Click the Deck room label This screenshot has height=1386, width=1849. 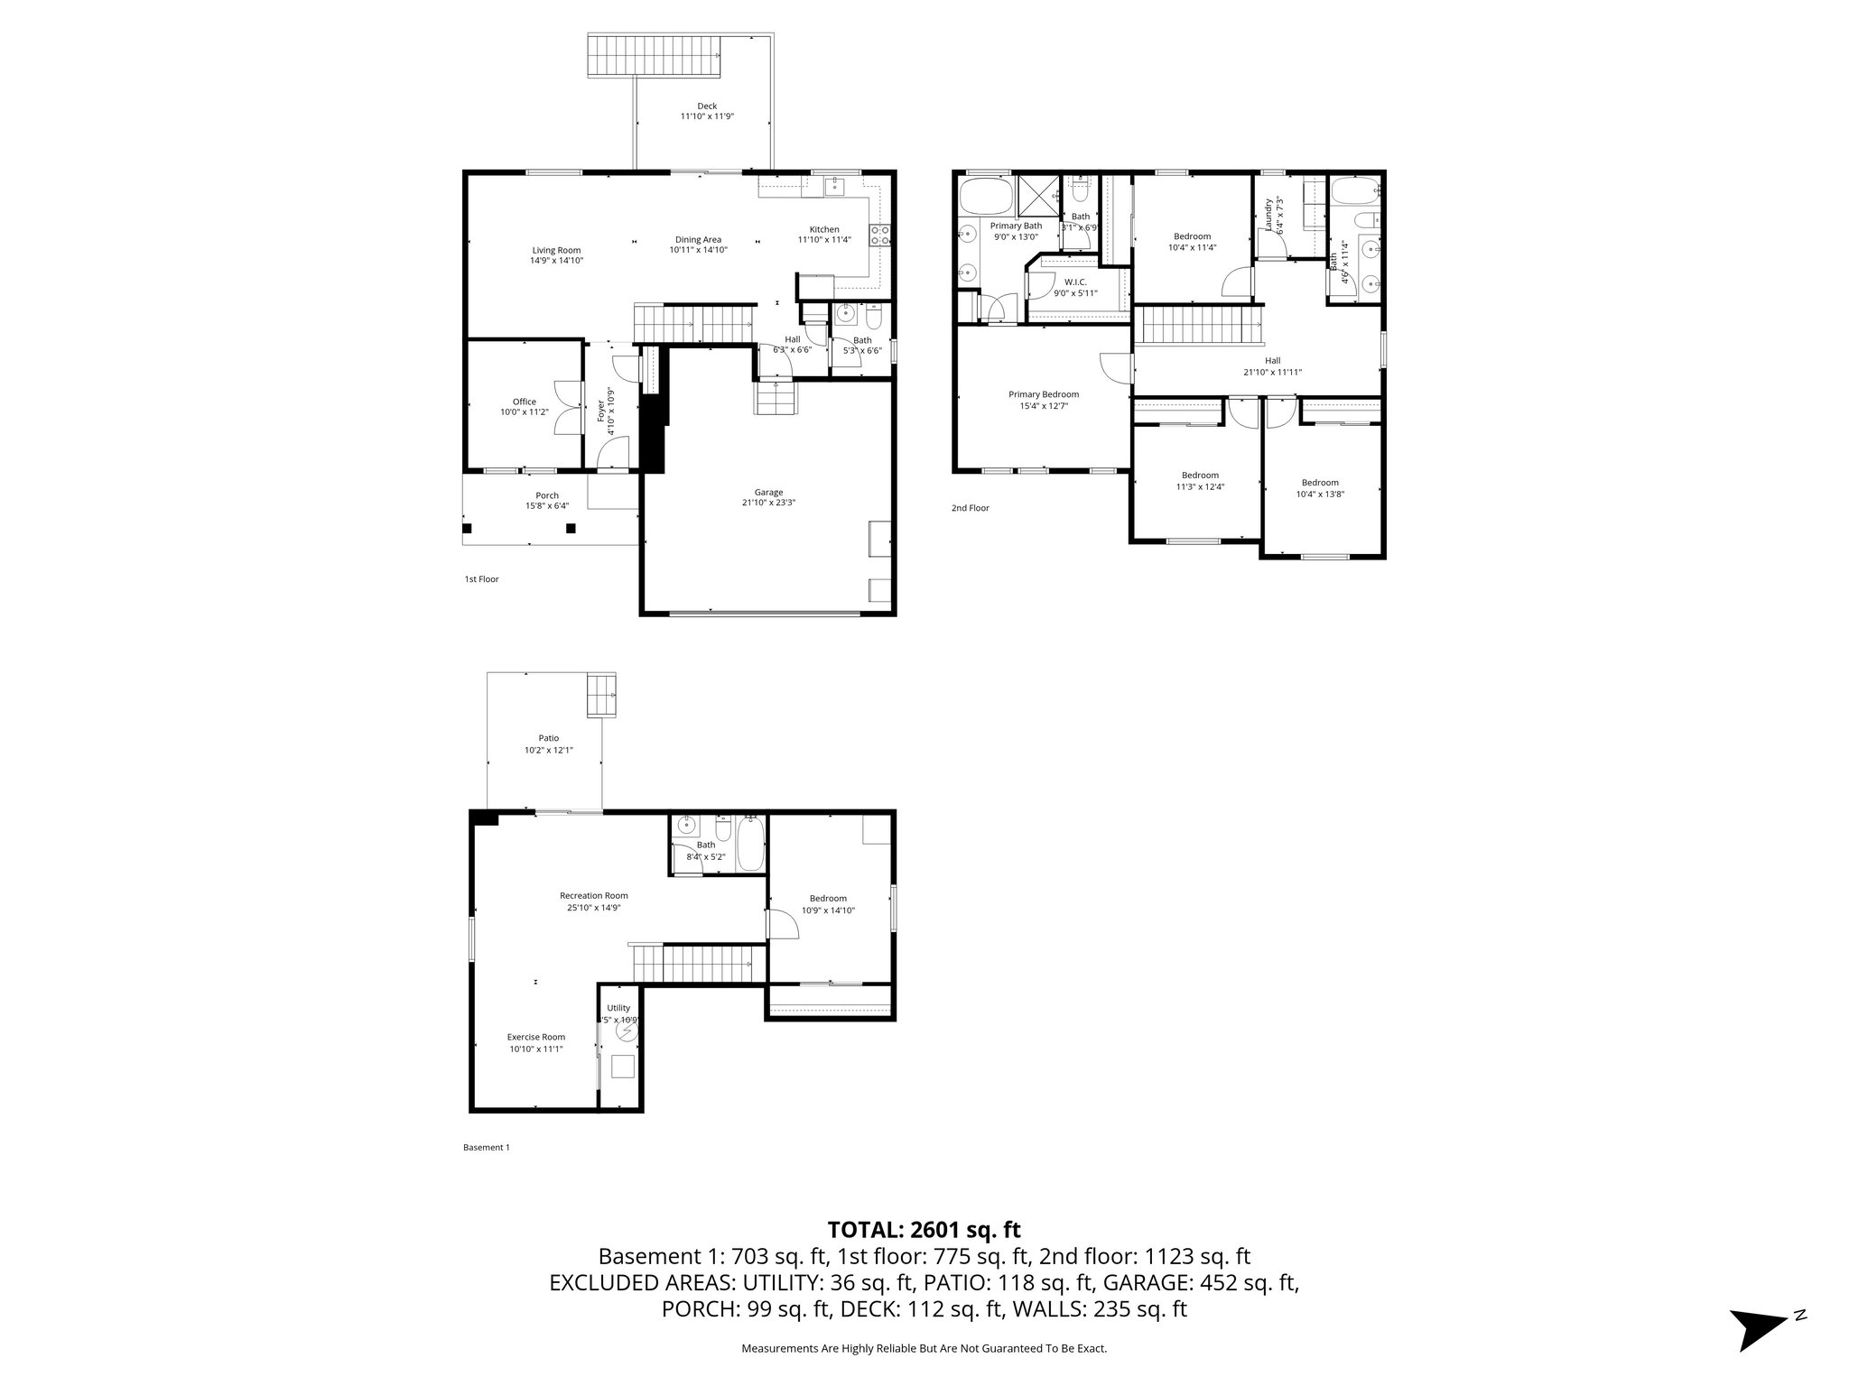pos(707,106)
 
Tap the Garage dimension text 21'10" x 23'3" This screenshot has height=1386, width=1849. pos(768,503)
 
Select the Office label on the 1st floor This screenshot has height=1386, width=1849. pos(525,402)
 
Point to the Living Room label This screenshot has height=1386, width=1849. pos(556,250)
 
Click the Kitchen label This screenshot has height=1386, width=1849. pos(823,229)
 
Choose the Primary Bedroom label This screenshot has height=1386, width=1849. pos(1043,394)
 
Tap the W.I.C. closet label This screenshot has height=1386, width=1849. pos(1075,282)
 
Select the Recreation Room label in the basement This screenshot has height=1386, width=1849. pos(593,896)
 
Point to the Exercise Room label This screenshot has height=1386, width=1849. pos(535,1037)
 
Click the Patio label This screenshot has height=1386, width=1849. pos(548,738)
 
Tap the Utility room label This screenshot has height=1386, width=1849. pos(618,1008)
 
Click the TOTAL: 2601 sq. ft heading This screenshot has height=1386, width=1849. pos(924,1229)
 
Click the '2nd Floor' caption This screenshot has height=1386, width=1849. pos(970,508)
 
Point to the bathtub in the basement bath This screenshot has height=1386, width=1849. pos(750,845)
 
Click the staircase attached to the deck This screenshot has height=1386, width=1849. pos(655,56)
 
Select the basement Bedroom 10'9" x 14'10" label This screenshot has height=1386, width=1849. pos(828,899)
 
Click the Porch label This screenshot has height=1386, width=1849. pos(547,495)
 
